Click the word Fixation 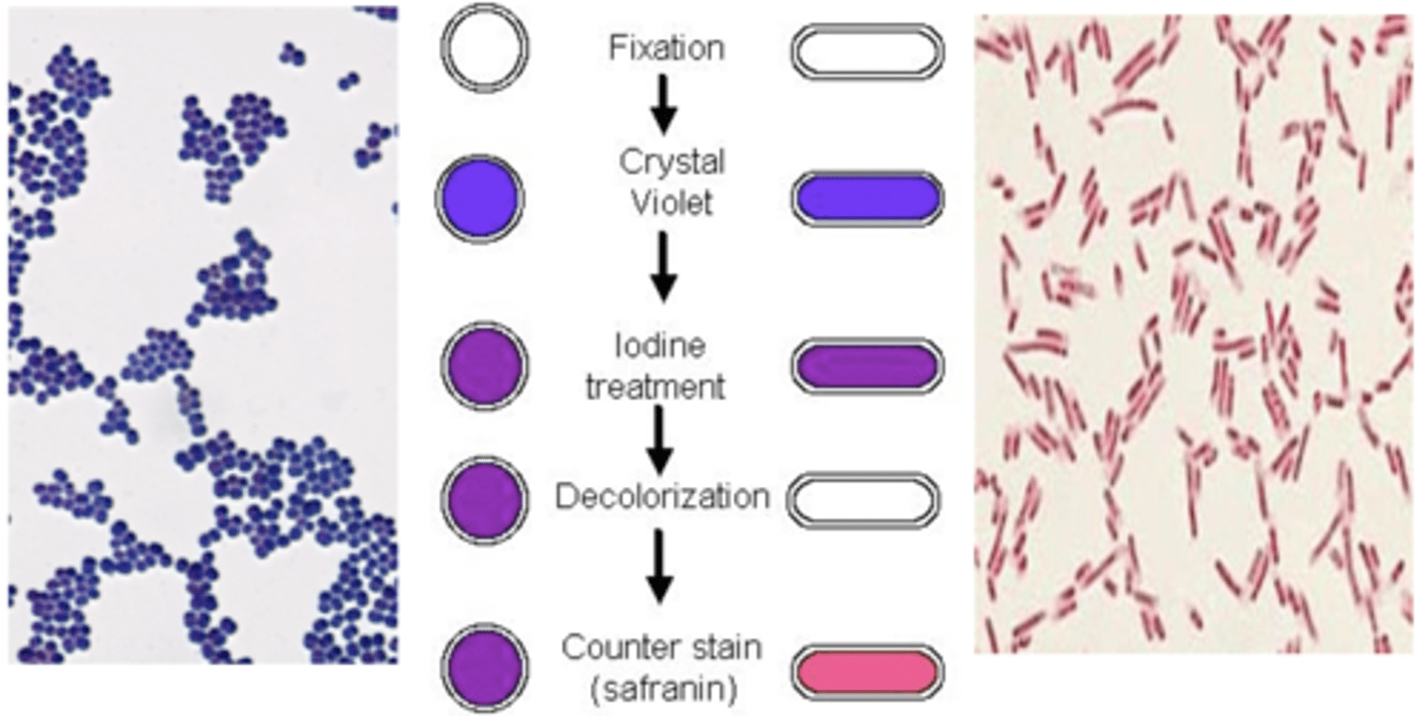click(665, 49)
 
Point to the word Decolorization click(661, 496)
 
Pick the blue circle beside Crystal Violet click(480, 197)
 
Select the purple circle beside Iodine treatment click(484, 367)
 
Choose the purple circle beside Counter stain click(484, 667)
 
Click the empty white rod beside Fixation click(867, 53)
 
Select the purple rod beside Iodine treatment click(867, 366)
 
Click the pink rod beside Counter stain click(867, 670)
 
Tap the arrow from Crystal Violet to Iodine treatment click(664, 266)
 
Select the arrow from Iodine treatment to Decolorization click(659, 439)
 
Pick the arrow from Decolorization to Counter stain click(659, 565)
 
